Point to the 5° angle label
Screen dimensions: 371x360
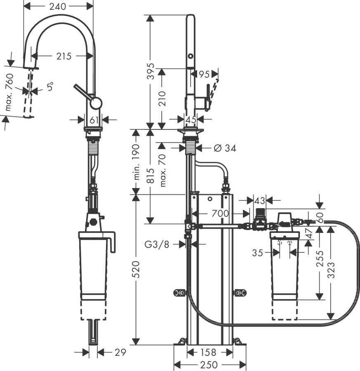click(x=50, y=87)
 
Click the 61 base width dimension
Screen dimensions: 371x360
click(x=94, y=120)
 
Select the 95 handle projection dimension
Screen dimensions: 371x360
click(x=204, y=74)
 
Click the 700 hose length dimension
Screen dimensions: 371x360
click(x=221, y=214)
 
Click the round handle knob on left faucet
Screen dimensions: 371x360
click(x=96, y=103)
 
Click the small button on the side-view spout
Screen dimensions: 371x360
click(x=191, y=56)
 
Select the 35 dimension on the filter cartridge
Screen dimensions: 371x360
click(x=258, y=253)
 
